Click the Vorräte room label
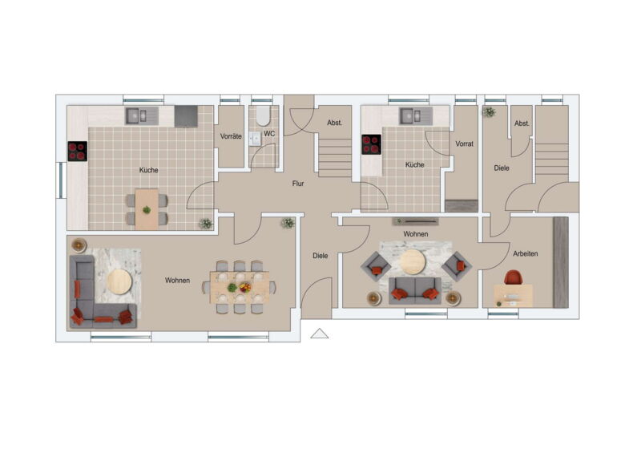(x=231, y=136)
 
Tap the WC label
(x=269, y=134)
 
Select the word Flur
(x=298, y=184)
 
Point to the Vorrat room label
(x=465, y=144)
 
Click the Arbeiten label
(x=526, y=253)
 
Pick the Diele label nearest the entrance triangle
(x=320, y=256)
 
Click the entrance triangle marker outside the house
(x=319, y=334)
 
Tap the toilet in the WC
(x=263, y=116)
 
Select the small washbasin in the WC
(x=255, y=139)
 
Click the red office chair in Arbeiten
(x=514, y=277)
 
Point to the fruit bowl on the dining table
(x=245, y=288)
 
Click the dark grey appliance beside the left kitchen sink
(x=186, y=116)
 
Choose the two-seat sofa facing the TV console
(x=414, y=290)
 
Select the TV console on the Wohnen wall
(x=415, y=222)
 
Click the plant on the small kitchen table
(x=147, y=210)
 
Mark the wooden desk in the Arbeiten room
(x=513, y=296)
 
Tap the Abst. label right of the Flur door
(x=334, y=123)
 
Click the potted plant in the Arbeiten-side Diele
(x=489, y=111)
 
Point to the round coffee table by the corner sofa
(x=119, y=281)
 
